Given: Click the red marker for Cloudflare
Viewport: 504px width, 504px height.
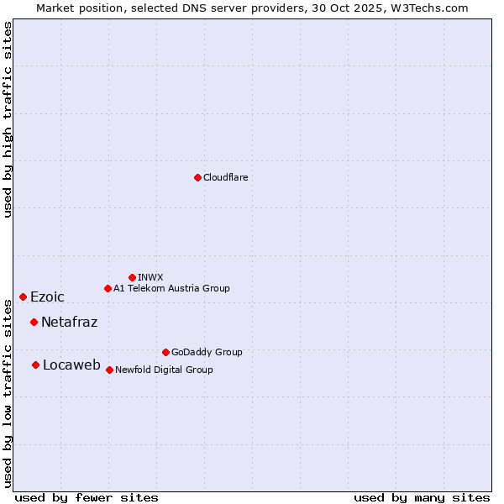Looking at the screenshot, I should [x=197, y=177].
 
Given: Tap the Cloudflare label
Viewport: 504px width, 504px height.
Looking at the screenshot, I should [x=225, y=177].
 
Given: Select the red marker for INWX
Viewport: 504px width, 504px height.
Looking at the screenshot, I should [x=132, y=277].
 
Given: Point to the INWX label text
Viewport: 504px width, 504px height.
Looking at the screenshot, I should [x=150, y=277].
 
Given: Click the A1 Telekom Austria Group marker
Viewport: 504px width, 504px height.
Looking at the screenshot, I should [x=108, y=288].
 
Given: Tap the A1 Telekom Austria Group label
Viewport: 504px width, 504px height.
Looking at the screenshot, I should [x=171, y=288].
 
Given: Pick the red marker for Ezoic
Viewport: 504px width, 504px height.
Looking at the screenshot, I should [x=23, y=297].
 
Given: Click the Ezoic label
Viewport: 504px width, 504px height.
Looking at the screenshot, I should [x=47, y=297].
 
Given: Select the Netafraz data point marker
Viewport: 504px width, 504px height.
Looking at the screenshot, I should [x=34, y=322].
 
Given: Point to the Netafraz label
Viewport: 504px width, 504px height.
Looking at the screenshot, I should [x=69, y=322].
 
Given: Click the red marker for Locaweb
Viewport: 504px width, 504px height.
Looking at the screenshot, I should [x=35, y=365].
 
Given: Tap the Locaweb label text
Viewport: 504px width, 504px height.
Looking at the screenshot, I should [x=71, y=365].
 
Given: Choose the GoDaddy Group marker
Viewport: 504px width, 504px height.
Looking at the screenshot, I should [x=165, y=352].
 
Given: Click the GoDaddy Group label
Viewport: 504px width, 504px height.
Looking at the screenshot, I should [x=207, y=352].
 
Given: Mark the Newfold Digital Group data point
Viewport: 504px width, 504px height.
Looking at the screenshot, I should [x=109, y=370].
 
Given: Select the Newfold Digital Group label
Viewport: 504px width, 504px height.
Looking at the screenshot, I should [x=164, y=370].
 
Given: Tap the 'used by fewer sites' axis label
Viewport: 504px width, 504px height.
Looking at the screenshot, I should [x=87, y=497].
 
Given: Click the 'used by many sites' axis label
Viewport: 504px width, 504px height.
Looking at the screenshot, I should [x=422, y=497].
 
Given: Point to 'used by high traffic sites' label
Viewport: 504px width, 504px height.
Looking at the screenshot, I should [x=8, y=119].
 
